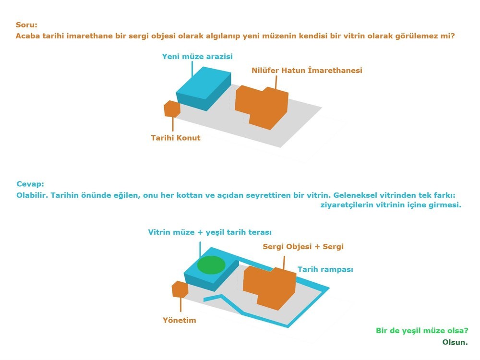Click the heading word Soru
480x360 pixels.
(x=26, y=25)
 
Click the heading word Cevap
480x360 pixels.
(x=30, y=184)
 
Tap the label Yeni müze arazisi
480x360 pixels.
(x=197, y=57)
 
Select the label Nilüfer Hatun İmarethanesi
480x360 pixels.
(x=307, y=71)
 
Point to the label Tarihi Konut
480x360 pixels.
(x=175, y=138)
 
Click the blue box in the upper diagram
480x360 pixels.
(x=204, y=88)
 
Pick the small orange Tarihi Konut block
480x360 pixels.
(x=172, y=109)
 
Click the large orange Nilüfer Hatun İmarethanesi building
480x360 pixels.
(x=262, y=107)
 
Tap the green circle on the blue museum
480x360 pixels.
(x=211, y=265)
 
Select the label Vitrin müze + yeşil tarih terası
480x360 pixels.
(x=210, y=232)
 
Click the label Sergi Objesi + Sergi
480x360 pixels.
(x=303, y=246)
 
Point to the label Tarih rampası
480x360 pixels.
(x=325, y=270)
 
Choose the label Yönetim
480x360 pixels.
(x=179, y=320)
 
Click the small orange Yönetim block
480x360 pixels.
(x=180, y=289)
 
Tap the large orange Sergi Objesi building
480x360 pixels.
(x=269, y=288)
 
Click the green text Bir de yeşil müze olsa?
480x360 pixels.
(x=422, y=331)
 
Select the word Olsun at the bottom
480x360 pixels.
(x=455, y=342)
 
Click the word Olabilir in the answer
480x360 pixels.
(x=32, y=195)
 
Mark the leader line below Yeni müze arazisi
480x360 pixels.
(x=192, y=69)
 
